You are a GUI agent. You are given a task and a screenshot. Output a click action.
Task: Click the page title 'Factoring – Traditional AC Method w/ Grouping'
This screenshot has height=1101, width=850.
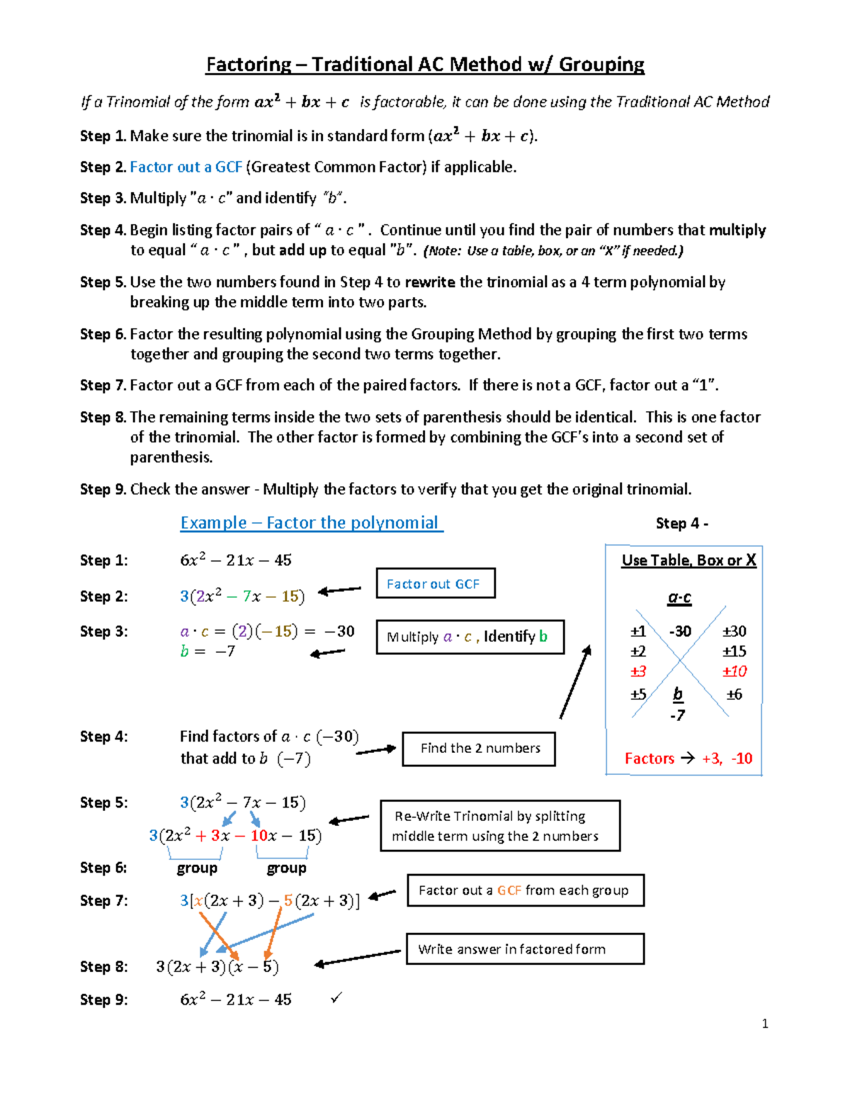(x=425, y=65)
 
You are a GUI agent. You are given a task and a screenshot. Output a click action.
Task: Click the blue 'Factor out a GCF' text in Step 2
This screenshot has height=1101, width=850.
(x=186, y=167)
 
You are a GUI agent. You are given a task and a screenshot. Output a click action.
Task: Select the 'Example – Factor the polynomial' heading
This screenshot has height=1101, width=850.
(x=311, y=523)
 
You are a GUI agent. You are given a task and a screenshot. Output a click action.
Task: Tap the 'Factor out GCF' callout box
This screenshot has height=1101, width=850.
(x=435, y=583)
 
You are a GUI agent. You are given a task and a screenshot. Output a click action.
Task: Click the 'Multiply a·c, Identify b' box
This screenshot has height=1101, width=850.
(x=470, y=637)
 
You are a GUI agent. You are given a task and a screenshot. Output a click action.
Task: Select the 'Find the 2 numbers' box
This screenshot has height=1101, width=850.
(x=479, y=749)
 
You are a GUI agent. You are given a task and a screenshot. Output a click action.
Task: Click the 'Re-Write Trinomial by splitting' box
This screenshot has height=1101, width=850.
(x=499, y=826)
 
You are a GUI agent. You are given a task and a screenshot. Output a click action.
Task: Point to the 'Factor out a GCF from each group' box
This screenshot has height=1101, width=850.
(x=525, y=890)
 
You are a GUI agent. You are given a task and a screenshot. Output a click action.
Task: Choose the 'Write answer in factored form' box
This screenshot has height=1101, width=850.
(x=525, y=949)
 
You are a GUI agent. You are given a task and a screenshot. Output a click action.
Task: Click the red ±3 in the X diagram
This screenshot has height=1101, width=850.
(x=638, y=671)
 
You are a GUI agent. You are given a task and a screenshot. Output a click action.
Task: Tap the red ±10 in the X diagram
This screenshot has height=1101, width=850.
(x=735, y=671)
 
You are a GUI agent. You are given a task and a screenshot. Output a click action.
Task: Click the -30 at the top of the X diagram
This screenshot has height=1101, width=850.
(x=680, y=631)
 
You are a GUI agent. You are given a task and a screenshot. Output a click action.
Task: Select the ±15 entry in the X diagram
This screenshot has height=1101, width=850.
(x=735, y=652)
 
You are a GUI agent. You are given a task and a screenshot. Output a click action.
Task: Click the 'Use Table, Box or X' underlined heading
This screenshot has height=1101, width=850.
(x=688, y=560)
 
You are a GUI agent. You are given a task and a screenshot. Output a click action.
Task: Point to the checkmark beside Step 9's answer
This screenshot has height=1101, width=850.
(x=336, y=998)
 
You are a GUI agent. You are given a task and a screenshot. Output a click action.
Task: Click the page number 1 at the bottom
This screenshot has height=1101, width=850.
(x=765, y=1024)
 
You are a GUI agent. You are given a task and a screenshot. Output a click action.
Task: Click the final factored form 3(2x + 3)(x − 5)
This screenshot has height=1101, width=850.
(x=217, y=967)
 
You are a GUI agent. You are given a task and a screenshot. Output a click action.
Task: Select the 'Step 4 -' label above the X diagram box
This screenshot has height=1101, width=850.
(x=681, y=524)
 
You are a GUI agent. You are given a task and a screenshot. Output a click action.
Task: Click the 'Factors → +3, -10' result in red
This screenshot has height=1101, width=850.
(x=688, y=759)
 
